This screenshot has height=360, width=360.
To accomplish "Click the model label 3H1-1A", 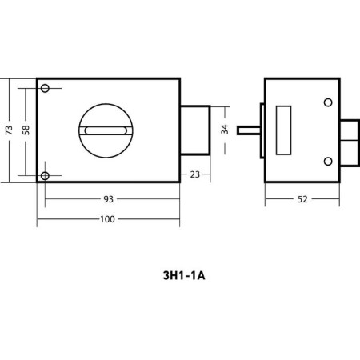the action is point(184,276).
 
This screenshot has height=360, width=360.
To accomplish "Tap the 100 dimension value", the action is point(107,219).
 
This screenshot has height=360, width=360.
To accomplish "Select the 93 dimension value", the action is point(108,199).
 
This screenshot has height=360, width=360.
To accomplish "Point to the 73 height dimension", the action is point(9,130).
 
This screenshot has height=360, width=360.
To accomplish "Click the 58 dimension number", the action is point(26,130).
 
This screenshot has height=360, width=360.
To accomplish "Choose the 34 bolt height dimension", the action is point(225,130).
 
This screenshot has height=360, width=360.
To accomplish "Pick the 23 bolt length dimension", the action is point(195,174).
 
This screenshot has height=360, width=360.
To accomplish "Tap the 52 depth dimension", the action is point(302,199).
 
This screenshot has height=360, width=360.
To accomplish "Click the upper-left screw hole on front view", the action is point(45,88).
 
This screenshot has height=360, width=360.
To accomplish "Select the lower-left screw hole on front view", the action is point(45,176).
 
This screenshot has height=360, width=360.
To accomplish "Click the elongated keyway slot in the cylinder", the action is point(106,130).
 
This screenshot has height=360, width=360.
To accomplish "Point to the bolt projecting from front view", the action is point(195,130).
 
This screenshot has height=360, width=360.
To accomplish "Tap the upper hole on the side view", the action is point(328,102).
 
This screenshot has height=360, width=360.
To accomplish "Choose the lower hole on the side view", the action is point(328,162).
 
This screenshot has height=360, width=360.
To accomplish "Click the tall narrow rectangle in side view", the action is point(283,130).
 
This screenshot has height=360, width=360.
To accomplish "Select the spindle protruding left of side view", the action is point(249,130).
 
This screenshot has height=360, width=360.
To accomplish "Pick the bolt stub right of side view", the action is point(350,143).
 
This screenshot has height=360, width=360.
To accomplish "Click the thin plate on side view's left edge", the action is point(262,130).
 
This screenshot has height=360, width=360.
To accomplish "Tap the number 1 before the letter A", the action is point(194,276).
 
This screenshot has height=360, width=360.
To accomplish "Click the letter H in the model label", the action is point(174,276).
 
